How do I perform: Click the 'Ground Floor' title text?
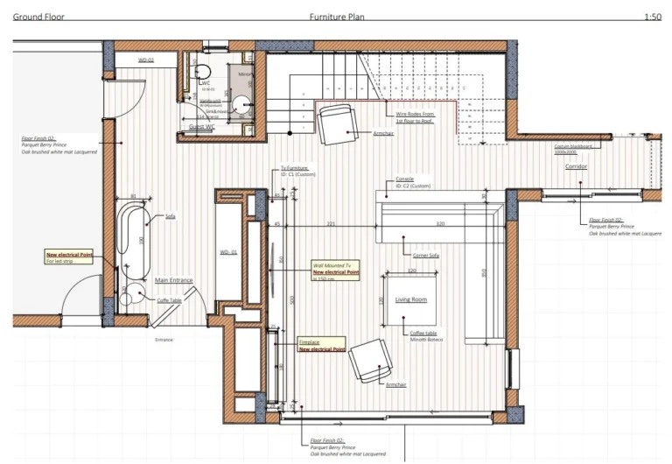(38, 17)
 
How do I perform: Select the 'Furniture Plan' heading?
(337, 17)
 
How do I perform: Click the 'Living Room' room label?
(410, 300)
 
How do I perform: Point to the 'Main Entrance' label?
(173, 281)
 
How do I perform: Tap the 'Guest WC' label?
(203, 127)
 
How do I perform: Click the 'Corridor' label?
(575, 165)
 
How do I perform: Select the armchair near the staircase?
(336, 124)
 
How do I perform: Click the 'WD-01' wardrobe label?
(229, 253)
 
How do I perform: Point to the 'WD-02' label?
(145, 60)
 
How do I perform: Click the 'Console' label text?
(405, 179)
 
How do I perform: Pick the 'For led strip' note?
(62, 262)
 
